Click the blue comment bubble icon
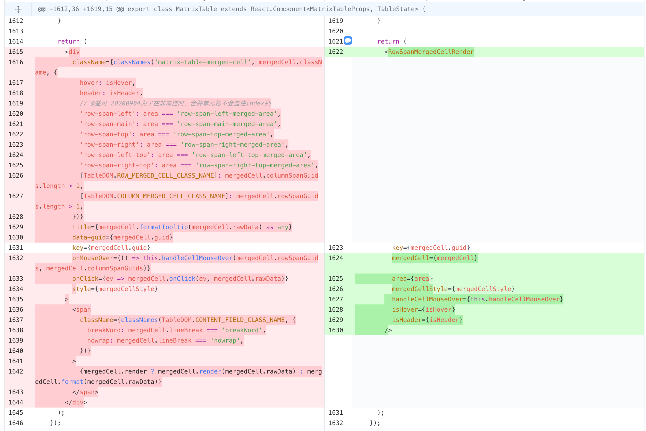(348, 41)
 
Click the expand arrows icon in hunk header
(18, 9)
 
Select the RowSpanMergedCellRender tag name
(431, 52)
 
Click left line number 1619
(16, 103)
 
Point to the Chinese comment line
(175, 103)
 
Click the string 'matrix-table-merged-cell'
(203, 62)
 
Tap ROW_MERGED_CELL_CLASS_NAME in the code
(165, 175)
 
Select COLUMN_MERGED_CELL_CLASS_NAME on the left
(171, 196)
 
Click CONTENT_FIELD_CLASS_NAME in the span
(240, 320)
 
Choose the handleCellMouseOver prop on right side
(427, 299)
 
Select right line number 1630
(335, 330)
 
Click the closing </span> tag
(85, 392)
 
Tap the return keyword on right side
(388, 42)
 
